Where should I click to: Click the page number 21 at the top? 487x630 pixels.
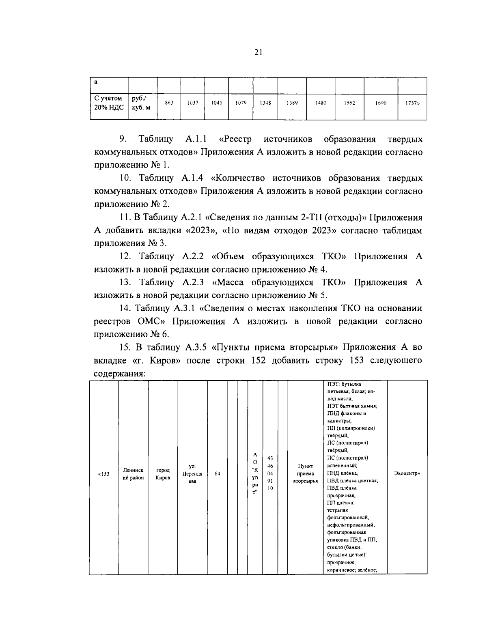[x=259, y=52]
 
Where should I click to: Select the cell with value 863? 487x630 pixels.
[x=169, y=103]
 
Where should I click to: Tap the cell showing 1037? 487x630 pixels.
[x=192, y=103]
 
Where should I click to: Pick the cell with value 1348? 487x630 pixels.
[x=265, y=103]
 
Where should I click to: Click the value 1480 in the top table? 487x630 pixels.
[x=321, y=103]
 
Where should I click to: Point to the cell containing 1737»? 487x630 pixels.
[x=412, y=103]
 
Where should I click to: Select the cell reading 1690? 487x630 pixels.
[x=381, y=103]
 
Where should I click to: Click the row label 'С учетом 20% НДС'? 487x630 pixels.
[x=108, y=103]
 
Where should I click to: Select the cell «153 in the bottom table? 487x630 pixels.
[x=104, y=474]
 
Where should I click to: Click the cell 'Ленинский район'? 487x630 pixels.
[x=133, y=474]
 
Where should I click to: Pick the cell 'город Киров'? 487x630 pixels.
[x=163, y=474]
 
